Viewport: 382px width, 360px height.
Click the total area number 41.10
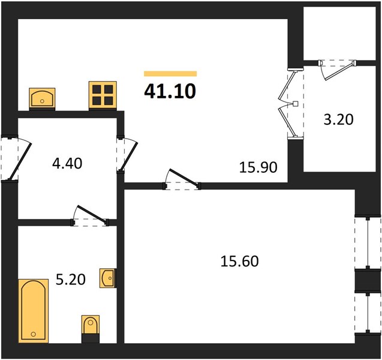coord(170,91)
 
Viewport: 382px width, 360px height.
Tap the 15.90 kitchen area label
coord(258,167)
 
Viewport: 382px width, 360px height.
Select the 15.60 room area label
coord(239,261)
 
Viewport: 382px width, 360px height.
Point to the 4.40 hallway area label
coord(67,163)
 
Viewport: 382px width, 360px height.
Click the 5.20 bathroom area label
coord(71,280)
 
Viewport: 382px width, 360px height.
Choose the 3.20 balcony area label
coord(338,119)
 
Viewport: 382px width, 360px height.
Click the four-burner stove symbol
coord(103,95)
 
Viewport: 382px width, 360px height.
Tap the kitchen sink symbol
coord(42,98)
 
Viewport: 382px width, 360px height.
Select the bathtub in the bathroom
coord(34,311)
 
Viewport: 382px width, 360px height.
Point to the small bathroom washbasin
coord(108,278)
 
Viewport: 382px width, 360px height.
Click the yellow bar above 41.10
coord(170,74)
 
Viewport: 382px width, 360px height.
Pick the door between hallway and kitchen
coord(128,154)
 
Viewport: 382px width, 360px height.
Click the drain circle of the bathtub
coord(34,334)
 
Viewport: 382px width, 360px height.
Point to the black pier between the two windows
coord(368,280)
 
